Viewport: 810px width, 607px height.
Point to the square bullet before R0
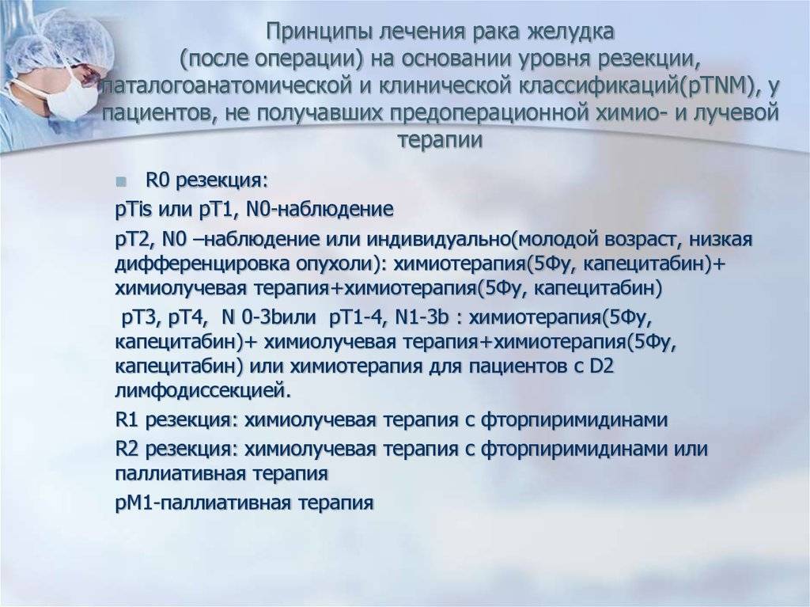121,181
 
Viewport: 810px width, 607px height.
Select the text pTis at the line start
133,211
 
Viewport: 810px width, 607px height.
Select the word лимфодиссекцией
199,391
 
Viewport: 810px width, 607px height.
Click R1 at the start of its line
127,419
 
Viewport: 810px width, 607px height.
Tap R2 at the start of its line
127,448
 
